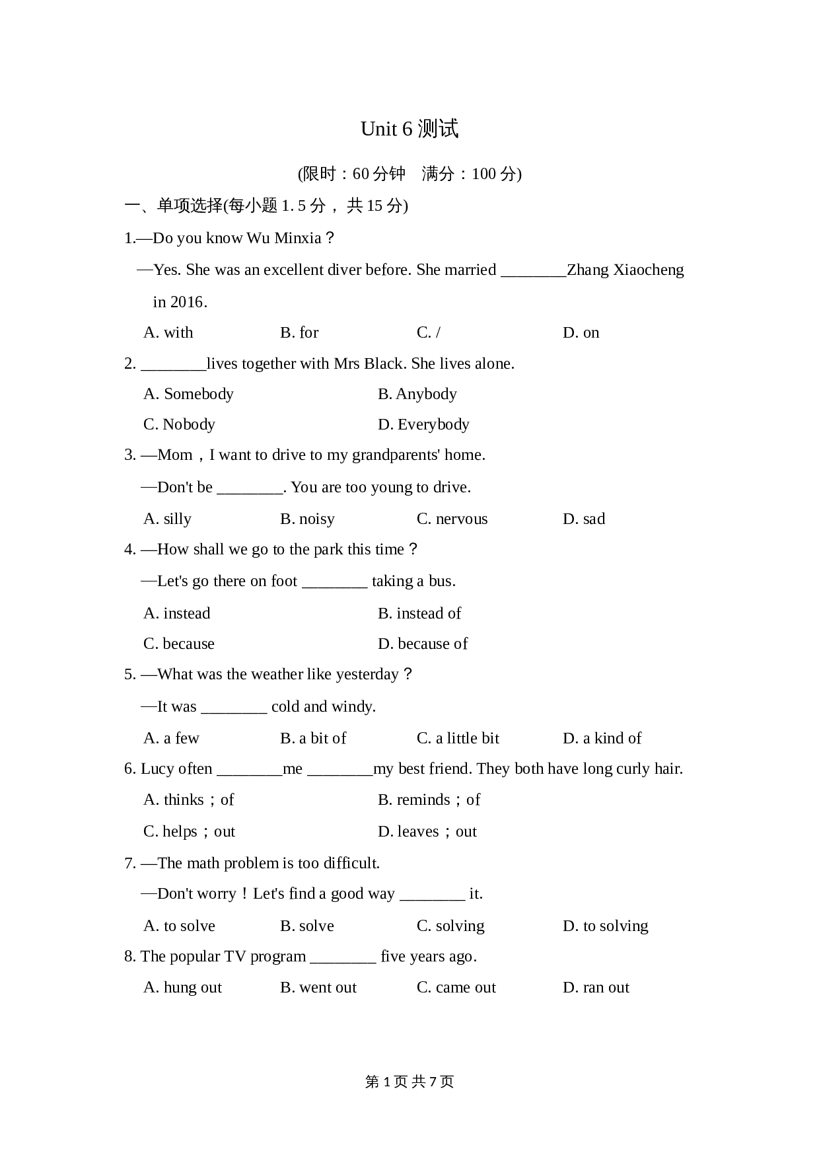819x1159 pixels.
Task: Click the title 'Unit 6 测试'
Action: tap(409, 129)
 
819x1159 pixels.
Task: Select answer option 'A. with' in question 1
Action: tap(168, 332)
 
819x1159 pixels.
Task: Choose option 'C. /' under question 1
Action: tap(428, 332)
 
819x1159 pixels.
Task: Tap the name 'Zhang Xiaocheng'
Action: tap(625, 270)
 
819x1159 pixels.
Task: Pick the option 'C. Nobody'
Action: tap(179, 424)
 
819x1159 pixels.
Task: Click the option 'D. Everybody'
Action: tap(423, 424)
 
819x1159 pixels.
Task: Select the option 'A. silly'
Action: tap(167, 519)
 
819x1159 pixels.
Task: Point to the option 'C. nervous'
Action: tap(452, 519)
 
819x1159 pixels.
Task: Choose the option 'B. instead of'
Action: tap(419, 613)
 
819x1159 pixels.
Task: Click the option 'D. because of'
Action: tap(423, 644)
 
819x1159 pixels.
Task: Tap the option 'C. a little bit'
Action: tap(458, 738)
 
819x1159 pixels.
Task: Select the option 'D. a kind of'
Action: tap(602, 738)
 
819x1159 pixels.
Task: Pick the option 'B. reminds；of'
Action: tap(429, 800)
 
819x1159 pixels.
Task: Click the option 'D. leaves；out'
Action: tap(427, 831)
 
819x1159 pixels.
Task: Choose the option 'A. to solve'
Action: tap(179, 926)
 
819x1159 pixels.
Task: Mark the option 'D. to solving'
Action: tap(605, 926)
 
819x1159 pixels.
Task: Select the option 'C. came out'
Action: tap(456, 987)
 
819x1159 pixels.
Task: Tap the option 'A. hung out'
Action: tap(182, 987)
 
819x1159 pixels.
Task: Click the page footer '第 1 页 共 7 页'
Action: tap(409, 1082)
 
